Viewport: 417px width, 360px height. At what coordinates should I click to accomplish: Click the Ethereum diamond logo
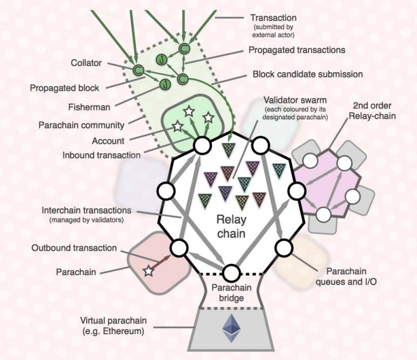tap(231, 328)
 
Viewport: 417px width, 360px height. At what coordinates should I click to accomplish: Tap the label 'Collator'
tap(86, 63)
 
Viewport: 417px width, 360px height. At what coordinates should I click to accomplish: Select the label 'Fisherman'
tap(89, 107)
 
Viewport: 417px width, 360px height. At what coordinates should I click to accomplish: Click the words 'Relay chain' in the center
tap(231, 226)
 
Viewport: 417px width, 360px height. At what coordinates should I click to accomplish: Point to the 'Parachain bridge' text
tap(231, 292)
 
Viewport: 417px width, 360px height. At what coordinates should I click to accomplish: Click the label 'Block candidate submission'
tap(308, 74)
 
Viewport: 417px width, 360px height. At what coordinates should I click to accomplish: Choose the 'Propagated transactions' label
tap(297, 50)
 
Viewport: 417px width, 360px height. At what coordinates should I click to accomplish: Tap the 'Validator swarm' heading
tap(295, 101)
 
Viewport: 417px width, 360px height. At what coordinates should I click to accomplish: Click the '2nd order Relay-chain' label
tap(372, 111)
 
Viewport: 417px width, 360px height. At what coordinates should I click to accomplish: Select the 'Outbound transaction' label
tap(74, 248)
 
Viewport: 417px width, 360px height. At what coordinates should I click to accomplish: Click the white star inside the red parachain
tap(149, 271)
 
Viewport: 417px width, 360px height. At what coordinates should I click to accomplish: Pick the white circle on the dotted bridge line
tap(231, 273)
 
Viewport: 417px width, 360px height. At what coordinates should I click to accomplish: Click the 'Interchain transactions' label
tap(86, 210)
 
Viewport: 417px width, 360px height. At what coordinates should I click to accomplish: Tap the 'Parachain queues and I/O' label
tap(346, 276)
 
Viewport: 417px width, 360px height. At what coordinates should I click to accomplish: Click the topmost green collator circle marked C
tap(184, 48)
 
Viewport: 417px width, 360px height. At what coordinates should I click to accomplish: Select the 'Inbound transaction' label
tap(101, 155)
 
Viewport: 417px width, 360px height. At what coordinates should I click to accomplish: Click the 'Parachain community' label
tap(81, 125)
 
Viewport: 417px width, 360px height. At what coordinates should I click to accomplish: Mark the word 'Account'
tap(108, 141)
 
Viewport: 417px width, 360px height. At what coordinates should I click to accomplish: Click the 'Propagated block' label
tap(64, 88)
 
